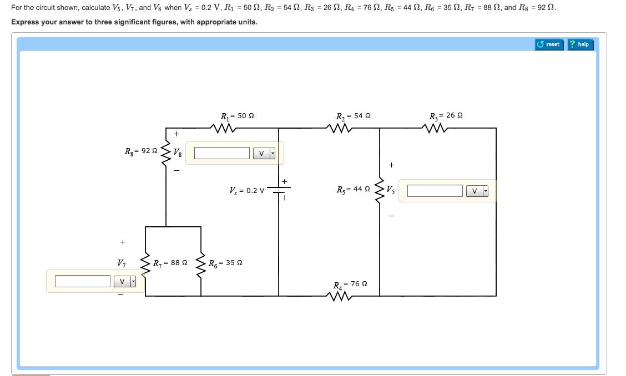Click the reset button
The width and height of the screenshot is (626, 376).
(x=549, y=44)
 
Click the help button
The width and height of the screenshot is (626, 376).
(x=579, y=44)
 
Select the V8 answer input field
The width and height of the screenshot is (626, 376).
(x=222, y=153)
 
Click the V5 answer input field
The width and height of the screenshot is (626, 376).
(x=435, y=191)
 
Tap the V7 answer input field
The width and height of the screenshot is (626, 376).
(x=83, y=281)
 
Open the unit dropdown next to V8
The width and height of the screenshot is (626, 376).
(x=264, y=153)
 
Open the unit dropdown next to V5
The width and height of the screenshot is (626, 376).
(x=477, y=191)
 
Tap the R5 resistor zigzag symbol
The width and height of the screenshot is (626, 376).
(x=380, y=191)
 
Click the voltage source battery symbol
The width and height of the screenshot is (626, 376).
(x=279, y=190)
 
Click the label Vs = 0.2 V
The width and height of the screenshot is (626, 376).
(x=246, y=190)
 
